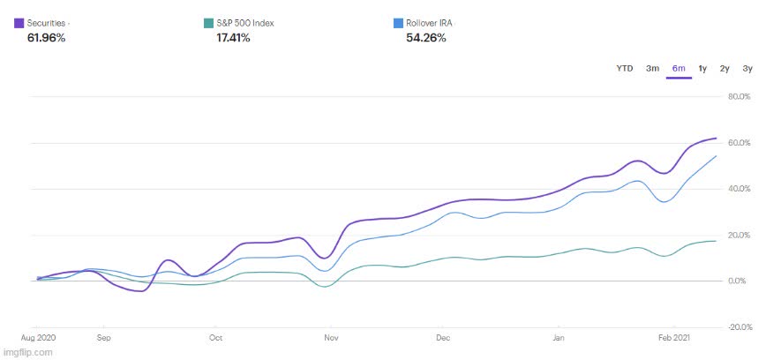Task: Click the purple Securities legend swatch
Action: click(x=19, y=23)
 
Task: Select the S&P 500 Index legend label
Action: click(x=245, y=23)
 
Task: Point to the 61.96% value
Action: click(x=47, y=38)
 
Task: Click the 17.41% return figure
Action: click(x=234, y=38)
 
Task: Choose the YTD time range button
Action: click(x=625, y=69)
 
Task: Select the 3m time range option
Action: click(x=652, y=69)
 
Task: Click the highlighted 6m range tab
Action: click(x=679, y=69)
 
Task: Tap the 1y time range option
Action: click(x=702, y=69)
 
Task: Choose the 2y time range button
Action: click(x=725, y=69)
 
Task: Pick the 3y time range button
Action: click(x=747, y=69)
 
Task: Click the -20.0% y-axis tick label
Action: click(x=737, y=327)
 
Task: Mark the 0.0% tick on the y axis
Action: click(x=739, y=281)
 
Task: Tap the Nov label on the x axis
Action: click(x=332, y=338)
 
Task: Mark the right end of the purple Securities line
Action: click(x=716, y=139)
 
